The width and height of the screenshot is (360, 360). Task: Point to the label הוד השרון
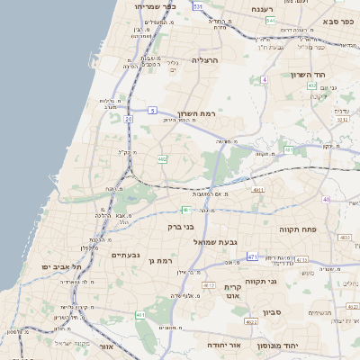(311, 75)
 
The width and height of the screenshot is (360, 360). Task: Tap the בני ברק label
(181, 227)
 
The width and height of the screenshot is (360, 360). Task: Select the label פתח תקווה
(294, 229)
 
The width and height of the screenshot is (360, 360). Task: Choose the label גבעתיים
(126, 256)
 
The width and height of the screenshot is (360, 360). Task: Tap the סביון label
(272, 312)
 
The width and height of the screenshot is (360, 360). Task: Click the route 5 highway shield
(153, 110)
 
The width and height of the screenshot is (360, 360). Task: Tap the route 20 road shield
(129, 118)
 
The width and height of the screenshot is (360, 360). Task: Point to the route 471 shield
(252, 257)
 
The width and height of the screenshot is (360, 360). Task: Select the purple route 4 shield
(265, 80)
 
